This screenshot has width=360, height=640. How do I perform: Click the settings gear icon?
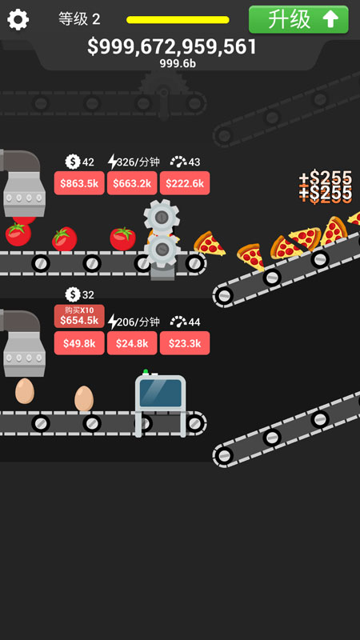tap(18, 19)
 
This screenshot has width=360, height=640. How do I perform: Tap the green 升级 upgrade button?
tap(298, 19)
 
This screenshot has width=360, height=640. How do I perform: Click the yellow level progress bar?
tap(178, 19)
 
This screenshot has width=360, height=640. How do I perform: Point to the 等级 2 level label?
tap(79, 18)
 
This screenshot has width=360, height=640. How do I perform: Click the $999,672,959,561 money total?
tap(172, 47)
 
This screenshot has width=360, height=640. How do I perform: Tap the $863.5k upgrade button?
tap(79, 183)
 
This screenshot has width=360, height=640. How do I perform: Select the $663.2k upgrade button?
tap(132, 183)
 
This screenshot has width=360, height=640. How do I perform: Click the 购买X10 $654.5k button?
tap(79, 316)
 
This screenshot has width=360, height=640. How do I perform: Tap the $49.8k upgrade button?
tap(79, 343)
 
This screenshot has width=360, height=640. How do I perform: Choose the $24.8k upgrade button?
tap(132, 343)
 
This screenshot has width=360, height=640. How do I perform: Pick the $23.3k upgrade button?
tap(185, 343)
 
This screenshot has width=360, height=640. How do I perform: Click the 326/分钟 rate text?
tap(138, 162)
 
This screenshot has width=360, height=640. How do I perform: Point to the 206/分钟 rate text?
tap(138, 322)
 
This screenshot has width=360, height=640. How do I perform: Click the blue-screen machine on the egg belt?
tap(161, 403)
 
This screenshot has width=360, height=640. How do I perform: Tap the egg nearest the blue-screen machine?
tap(84, 398)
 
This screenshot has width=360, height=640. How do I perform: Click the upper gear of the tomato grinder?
tap(162, 217)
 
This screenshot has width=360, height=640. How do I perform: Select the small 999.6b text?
tap(178, 64)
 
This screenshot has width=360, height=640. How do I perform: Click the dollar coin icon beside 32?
tap(73, 294)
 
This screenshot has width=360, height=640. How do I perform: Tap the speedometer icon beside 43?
tap(178, 162)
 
